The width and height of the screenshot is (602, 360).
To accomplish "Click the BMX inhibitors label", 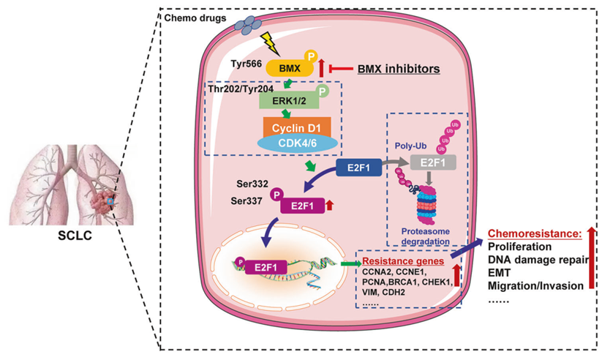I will pyautogui.click(x=398, y=70).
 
